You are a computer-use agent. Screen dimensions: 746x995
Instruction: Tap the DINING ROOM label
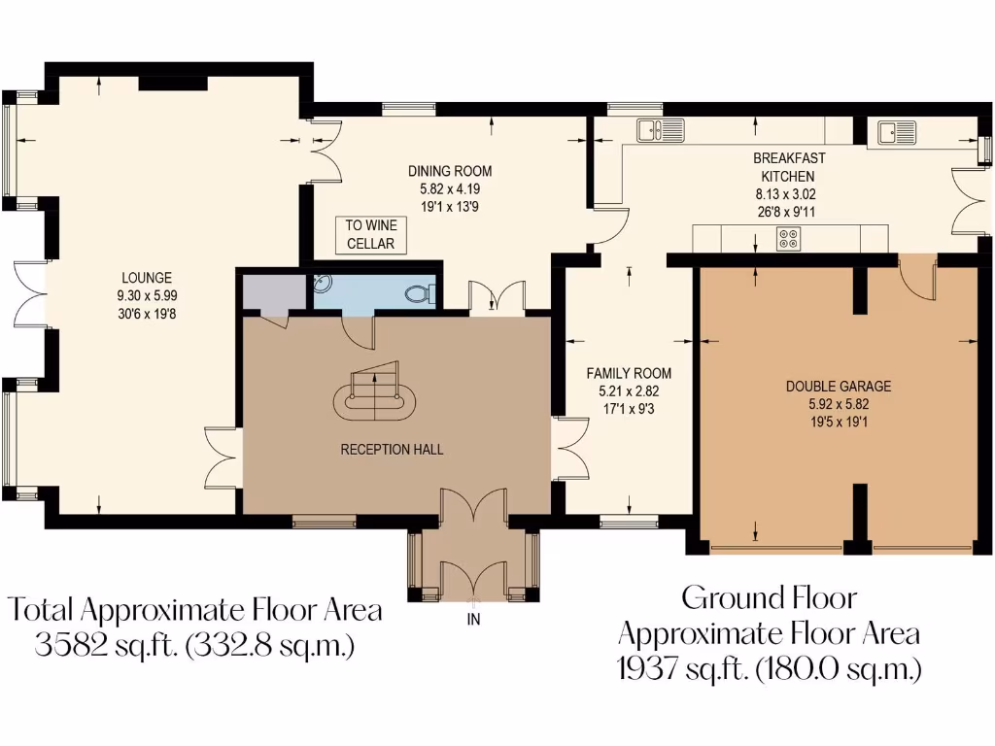click(x=450, y=172)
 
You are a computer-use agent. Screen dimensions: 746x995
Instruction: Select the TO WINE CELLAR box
click(x=370, y=234)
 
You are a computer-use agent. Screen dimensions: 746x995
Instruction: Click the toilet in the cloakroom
click(x=418, y=290)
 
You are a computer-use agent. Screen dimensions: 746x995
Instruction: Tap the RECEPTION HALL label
click(x=392, y=450)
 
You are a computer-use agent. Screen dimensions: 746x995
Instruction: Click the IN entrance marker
click(x=473, y=619)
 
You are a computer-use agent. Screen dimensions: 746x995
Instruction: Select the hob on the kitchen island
click(x=788, y=238)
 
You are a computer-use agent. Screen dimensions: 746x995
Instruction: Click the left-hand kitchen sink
click(x=661, y=129)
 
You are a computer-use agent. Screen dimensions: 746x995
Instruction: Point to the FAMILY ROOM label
click(x=628, y=373)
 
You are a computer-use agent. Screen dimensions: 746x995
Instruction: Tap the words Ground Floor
click(x=769, y=596)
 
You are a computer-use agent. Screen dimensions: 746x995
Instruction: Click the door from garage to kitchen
click(x=917, y=277)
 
